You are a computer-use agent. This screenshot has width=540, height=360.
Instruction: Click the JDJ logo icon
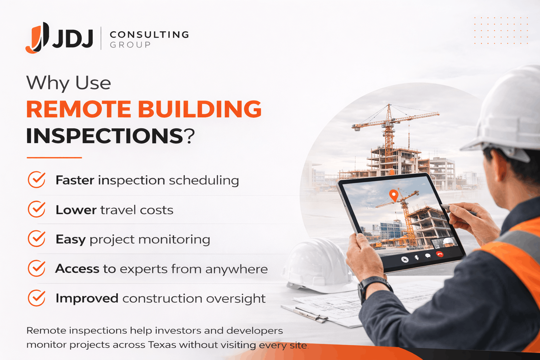coord(37,38)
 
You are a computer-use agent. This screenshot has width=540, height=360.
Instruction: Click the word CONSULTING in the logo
coord(149,34)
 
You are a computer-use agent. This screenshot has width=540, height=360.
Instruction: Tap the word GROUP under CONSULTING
coord(130,45)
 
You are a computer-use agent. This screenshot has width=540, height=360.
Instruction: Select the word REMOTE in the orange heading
coord(78,109)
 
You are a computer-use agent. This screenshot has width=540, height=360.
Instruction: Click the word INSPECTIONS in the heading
coord(105,136)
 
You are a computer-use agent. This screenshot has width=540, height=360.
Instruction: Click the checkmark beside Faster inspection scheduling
coord(37,180)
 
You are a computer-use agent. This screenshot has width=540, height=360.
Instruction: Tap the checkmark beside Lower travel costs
coord(37,209)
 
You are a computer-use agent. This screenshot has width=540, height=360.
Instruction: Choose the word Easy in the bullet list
coord(70,239)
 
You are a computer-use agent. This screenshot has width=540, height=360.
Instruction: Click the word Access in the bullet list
coord(77,269)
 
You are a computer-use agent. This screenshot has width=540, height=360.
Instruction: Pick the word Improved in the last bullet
coord(87,298)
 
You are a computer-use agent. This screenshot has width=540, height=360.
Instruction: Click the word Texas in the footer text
coord(162,345)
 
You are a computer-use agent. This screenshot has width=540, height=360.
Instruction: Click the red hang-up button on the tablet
coord(439,254)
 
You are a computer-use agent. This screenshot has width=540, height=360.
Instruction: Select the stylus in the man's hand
coord(457,209)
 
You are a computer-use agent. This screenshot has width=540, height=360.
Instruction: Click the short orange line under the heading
coord(54,157)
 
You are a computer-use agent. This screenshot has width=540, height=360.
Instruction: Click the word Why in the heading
coord(48,83)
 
